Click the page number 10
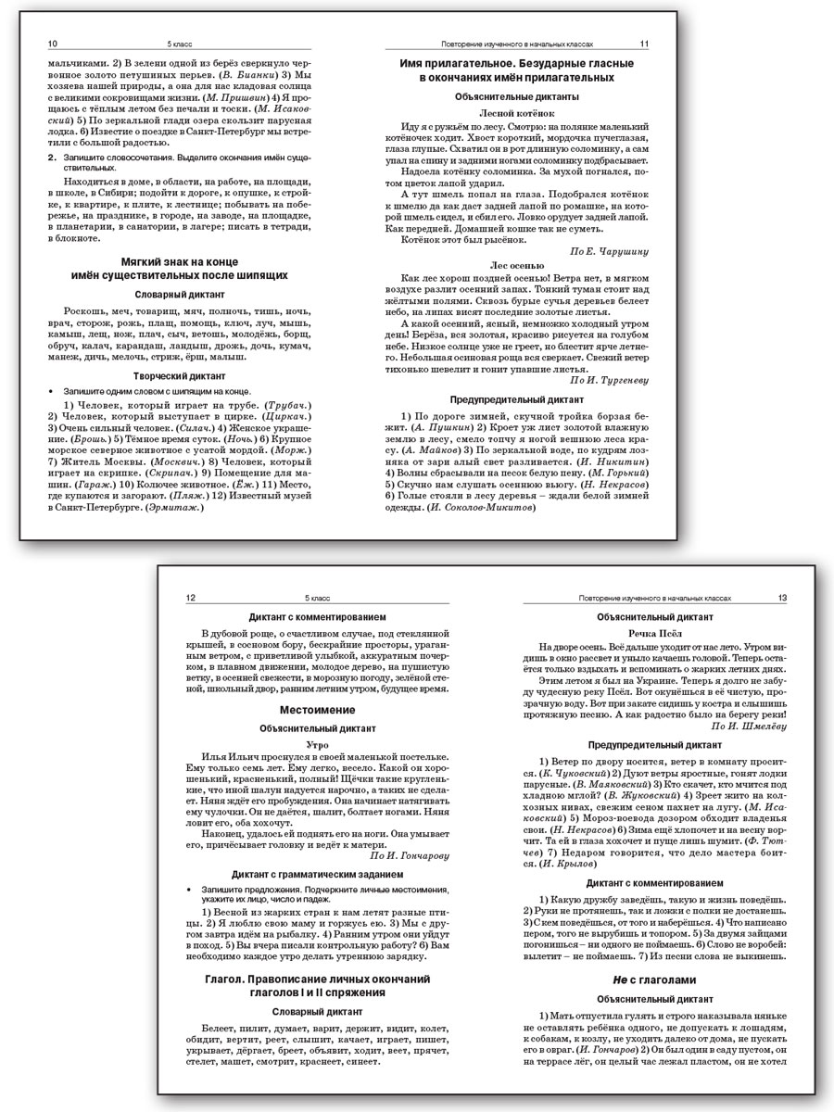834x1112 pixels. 52,44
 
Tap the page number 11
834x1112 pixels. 644,44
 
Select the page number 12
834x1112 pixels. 192,599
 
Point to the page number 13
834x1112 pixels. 782,599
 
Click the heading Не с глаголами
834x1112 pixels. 654,979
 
